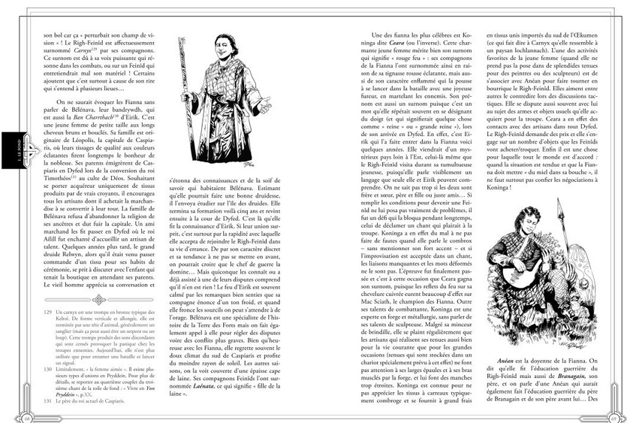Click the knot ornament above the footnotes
tap(98, 298)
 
